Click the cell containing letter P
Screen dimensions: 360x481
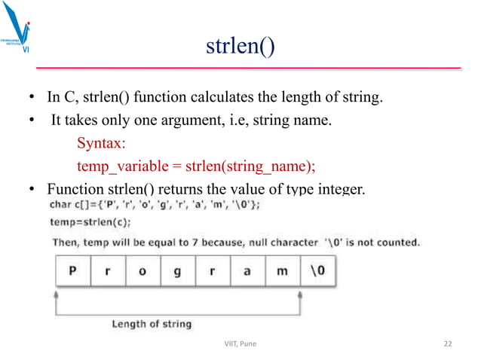point(73,272)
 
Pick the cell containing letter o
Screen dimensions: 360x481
point(142,272)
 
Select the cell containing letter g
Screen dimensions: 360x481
point(178,272)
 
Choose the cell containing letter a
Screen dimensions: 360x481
point(247,272)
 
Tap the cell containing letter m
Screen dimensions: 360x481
point(282,272)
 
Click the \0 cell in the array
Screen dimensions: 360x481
point(317,272)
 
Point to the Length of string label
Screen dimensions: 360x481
point(152,324)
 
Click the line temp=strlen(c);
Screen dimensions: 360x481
point(90,222)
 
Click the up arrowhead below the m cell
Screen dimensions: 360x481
point(300,295)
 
